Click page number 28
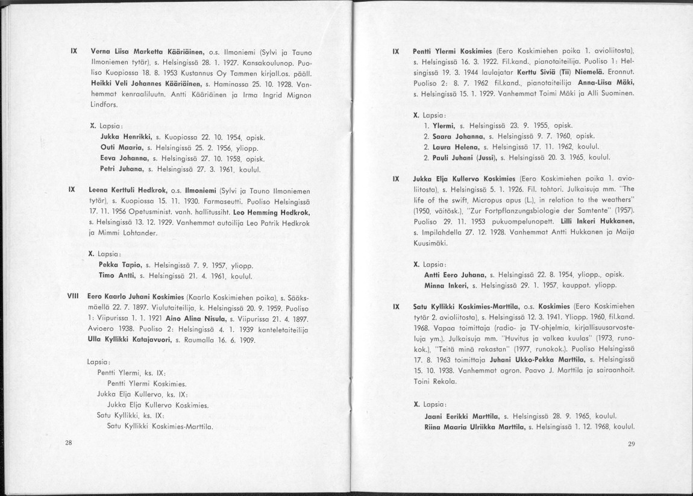(68, 443)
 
